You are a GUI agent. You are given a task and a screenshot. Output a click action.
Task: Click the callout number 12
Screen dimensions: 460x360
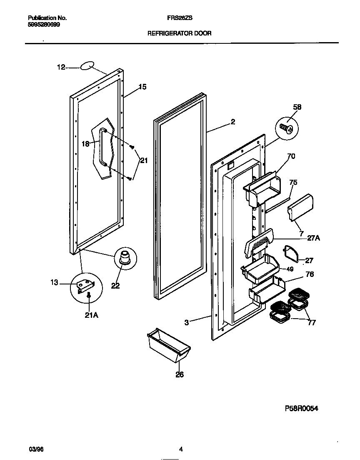click(x=61, y=67)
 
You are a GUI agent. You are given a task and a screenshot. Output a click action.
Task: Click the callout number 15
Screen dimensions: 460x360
click(x=142, y=87)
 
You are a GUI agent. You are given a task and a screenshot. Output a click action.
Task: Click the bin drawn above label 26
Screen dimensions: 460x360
click(x=168, y=346)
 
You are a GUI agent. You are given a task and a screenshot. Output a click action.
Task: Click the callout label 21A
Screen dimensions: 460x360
click(x=91, y=315)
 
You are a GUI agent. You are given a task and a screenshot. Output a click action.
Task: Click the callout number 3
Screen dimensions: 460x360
click(x=187, y=322)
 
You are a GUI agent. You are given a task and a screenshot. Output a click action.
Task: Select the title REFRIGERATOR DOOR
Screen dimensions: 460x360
click(x=180, y=33)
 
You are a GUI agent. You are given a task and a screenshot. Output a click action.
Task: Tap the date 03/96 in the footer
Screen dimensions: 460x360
click(x=36, y=449)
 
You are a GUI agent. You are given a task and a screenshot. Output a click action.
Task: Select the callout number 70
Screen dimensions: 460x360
click(x=291, y=157)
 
